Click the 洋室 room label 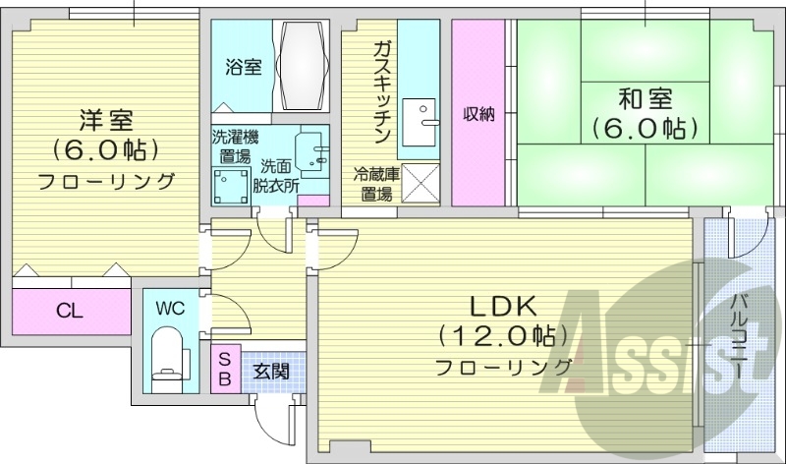[105, 121]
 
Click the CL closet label [68, 312]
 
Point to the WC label [170, 306]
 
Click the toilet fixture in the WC [170, 354]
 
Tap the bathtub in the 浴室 [303, 67]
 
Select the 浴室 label [243, 67]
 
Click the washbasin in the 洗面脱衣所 [313, 151]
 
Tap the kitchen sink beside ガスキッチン [427, 115]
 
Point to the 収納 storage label [479, 113]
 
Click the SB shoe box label [225, 370]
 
